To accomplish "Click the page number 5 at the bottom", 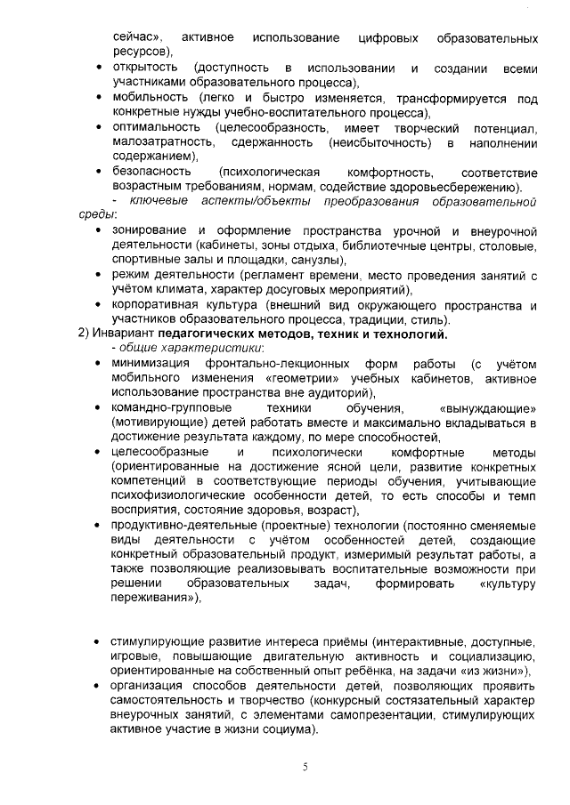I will (x=305, y=768).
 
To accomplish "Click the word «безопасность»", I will (x=151, y=171).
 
